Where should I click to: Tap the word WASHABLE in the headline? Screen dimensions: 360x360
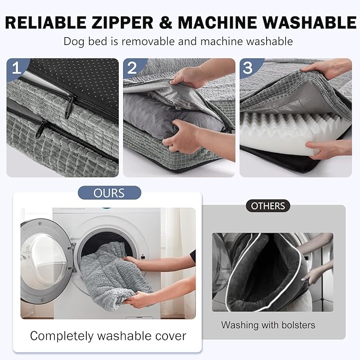(x=310, y=22)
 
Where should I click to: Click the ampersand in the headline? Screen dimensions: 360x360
(x=166, y=22)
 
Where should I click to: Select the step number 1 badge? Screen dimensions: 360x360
(x=16, y=68)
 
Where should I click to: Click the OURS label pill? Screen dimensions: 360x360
(x=109, y=193)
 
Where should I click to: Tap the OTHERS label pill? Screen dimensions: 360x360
(x=268, y=206)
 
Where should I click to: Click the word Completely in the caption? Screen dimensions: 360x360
(x=62, y=337)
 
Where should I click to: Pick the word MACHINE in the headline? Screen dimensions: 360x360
(x=217, y=22)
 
